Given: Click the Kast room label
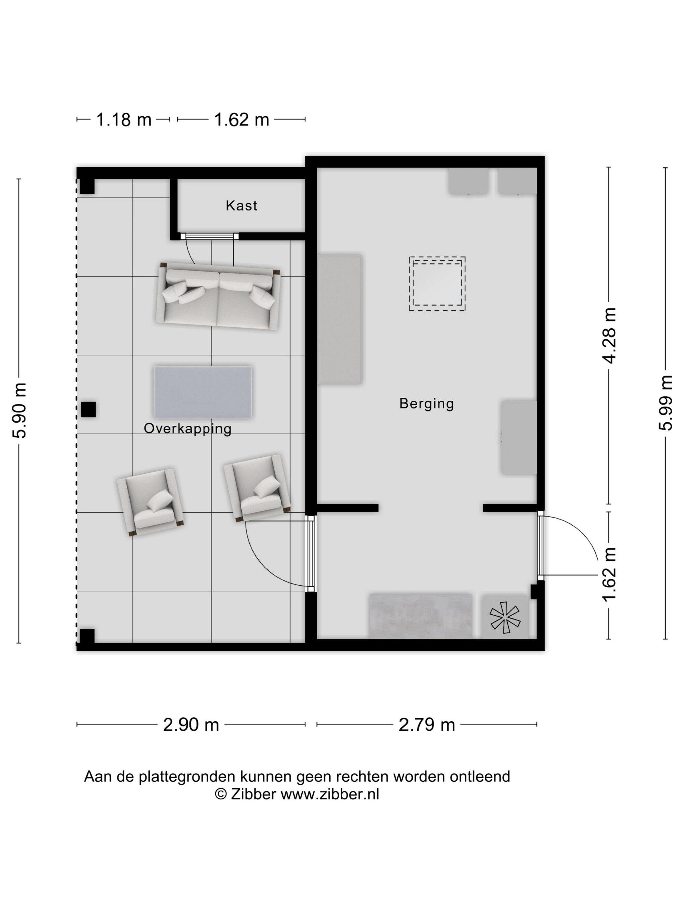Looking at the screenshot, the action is coord(241,205).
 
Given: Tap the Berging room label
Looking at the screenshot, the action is coord(426,403).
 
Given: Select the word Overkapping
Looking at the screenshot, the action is coord(188,429).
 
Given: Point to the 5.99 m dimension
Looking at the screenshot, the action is coord(665,403).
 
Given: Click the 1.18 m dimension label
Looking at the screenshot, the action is coord(124,120).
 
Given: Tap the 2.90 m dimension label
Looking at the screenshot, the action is coord(191,724).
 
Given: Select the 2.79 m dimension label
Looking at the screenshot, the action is coord(427,724).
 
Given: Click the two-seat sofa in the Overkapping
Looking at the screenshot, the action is coord(218,296).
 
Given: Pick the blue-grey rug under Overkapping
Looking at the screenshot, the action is coord(203,392).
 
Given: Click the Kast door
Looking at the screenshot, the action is coord(209,236).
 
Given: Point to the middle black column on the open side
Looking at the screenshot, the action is coord(88,409).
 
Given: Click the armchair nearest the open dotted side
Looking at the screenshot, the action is coord(150,501).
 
